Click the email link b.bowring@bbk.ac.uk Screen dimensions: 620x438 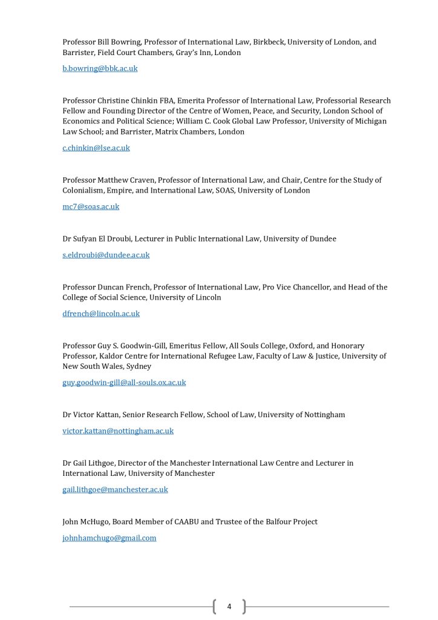point(100,68)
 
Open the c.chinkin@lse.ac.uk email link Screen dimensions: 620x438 point(96,148)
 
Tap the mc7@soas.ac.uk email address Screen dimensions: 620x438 point(91,206)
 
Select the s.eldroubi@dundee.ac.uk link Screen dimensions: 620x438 point(106,255)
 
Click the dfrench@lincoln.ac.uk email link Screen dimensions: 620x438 point(101,314)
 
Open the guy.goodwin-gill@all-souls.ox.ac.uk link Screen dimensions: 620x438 point(124,383)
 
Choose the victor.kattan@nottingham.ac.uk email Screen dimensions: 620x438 point(118,431)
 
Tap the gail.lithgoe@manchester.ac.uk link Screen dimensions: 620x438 point(115,490)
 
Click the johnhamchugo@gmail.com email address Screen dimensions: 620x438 point(109,538)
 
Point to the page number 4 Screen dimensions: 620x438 point(229,606)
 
